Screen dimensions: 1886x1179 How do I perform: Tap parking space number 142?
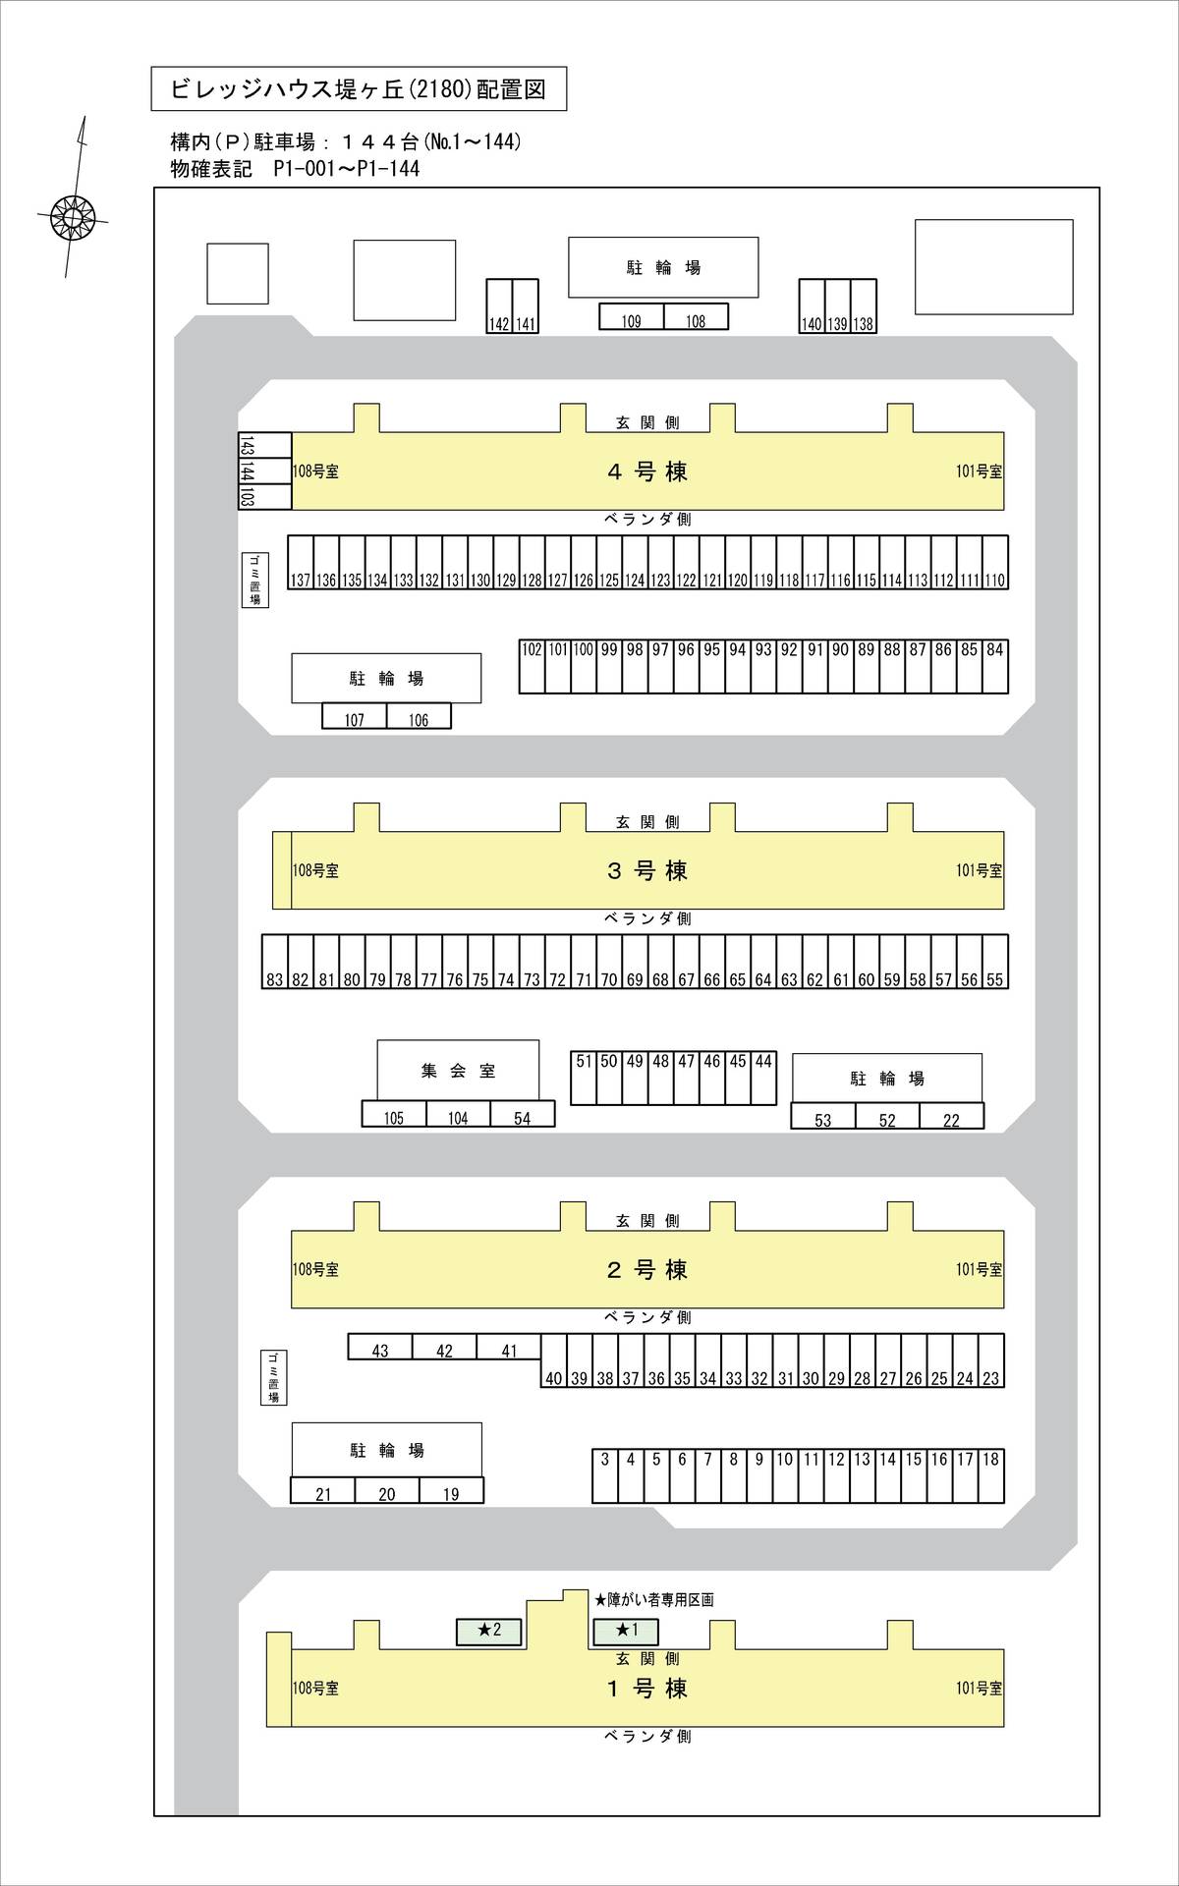[x=499, y=307]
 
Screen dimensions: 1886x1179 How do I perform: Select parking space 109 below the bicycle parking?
[x=632, y=316]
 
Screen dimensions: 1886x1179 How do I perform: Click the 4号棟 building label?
[x=647, y=471]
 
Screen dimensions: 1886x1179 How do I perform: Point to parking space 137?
[x=301, y=563]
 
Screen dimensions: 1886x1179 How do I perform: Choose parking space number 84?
[x=995, y=667]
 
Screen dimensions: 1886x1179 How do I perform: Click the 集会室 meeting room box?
[x=458, y=1071]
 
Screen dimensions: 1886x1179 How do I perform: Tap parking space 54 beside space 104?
[x=523, y=1114]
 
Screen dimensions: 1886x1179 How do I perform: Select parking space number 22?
[x=951, y=1117]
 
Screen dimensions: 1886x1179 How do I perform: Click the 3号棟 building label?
[x=647, y=870]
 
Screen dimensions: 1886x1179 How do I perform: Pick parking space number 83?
[x=274, y=962]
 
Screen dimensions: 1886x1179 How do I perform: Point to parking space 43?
[x=380, y=1347]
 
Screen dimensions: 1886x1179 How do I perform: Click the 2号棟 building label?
[x=647, y=1270]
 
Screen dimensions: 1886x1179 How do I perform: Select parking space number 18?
[x=991, y=1475]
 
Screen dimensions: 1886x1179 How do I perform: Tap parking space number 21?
[x=323, y=1491]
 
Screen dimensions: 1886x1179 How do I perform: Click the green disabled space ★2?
[x=489, y=1631]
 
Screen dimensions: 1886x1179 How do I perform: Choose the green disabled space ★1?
[x=626, y=1631]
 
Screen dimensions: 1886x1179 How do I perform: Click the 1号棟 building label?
[x=647, y=1689]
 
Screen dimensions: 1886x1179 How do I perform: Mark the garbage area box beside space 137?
[x=254, y=580]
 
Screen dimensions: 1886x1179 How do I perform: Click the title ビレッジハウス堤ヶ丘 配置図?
[x=359, y=89]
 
